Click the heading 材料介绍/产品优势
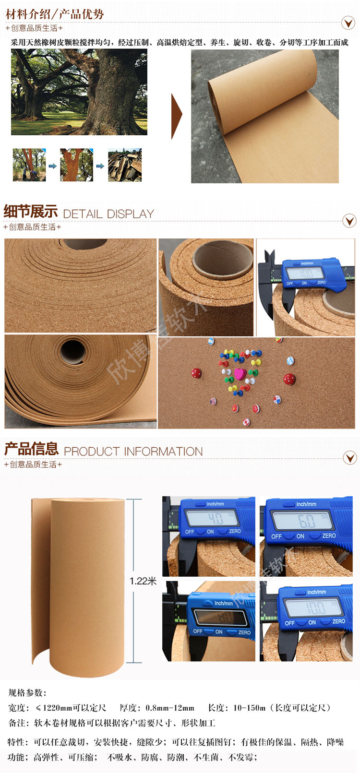click(x=55, y=14)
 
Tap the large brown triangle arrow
click(x=177, y=116)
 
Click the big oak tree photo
click(x=79, y=92)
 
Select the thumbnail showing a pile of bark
click(x=125, y=165)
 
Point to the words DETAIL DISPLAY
click(x=108, y=214)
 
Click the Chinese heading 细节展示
click(x=31, y=211)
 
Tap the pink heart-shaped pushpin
click(x=240, y=373)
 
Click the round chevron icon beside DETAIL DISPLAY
click(x=349, y=220)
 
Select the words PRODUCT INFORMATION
click(x=133, y=452)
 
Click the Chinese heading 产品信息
click(x=31, y=449)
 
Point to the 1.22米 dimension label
click(x=143, y=581)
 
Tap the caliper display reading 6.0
click(x=307, y=521)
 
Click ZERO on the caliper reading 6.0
click(x=329, y=536)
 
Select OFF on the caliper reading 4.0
click(x=190, y=532)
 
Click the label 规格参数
click(x=27, y=693)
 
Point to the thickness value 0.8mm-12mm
click(x=170, y=708)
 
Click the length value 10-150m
click(x=249, y=708)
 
